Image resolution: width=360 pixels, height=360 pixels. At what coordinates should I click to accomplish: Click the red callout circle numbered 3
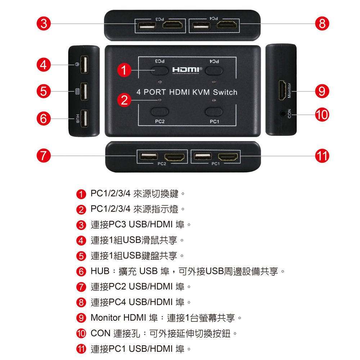(44, 24)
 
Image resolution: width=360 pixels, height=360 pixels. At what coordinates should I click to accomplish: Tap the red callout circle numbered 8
(322, 24)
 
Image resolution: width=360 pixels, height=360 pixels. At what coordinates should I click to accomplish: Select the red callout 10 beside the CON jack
(322, 114)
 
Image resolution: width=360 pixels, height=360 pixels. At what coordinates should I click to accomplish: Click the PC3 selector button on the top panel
(159, 71)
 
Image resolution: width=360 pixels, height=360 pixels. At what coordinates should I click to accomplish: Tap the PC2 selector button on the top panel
(159, 112)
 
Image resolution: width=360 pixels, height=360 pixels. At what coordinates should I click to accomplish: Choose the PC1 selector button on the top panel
(214, 112)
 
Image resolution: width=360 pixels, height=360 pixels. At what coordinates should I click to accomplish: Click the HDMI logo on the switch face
(187, 70)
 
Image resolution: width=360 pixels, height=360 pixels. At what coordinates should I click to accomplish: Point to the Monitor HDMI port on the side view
(282, 90)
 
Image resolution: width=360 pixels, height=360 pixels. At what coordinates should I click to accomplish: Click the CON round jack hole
(283, 113)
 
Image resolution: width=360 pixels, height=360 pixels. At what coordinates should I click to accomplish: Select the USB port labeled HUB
(84, 118)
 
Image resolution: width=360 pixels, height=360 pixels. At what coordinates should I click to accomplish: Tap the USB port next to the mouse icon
(84, 64)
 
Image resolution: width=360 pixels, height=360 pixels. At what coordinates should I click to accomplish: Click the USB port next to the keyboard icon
(84, 91)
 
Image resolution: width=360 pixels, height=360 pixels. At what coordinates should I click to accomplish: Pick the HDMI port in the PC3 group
(172, 24)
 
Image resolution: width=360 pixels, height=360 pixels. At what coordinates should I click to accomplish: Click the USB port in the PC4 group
(201, 26)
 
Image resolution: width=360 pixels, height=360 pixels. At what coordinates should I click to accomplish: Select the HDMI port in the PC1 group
(228, 157)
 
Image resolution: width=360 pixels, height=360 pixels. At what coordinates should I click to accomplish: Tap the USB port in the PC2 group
(149, 156)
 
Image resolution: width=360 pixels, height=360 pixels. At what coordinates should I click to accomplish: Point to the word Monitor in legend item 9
(105, 318)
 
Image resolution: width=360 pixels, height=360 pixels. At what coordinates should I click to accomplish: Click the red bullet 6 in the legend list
(81, 271)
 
